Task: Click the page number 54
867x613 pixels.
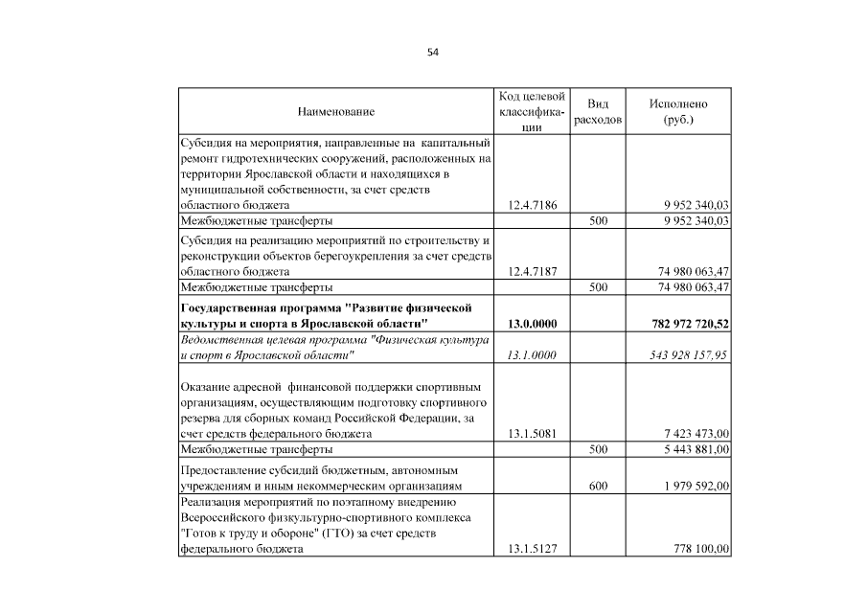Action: [433, 52]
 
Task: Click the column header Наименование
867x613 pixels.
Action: [336, 112]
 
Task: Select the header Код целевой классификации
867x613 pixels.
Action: [532, 112]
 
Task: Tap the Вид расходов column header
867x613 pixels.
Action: [598, 112]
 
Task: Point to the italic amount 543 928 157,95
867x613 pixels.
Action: [687, 355]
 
